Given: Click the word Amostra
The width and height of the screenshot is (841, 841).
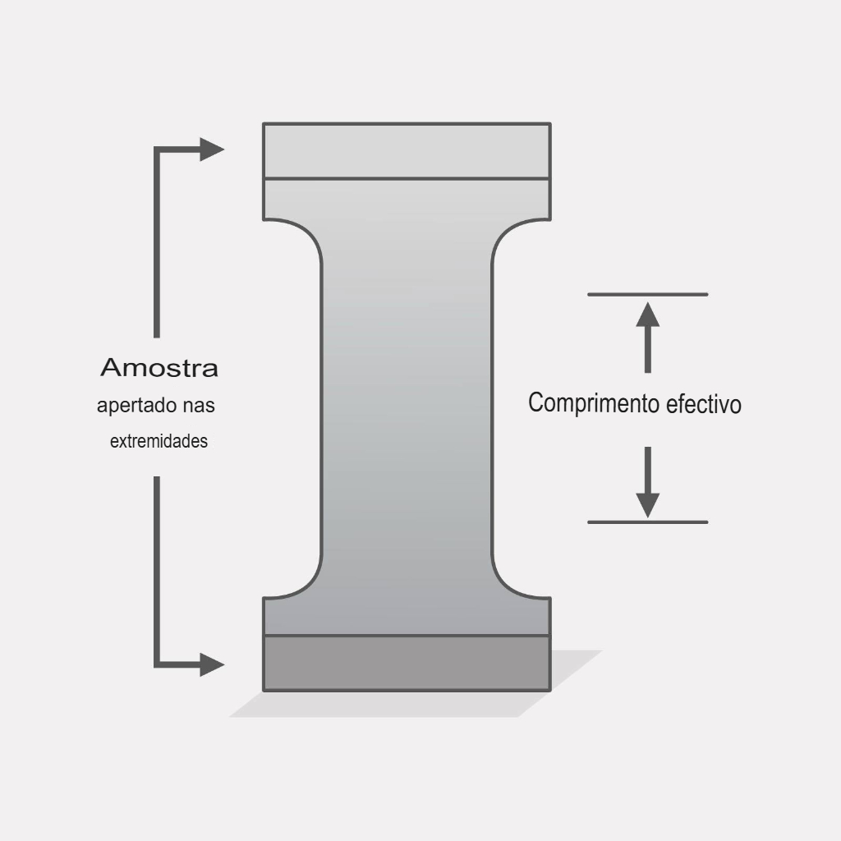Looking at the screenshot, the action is coord(159,368).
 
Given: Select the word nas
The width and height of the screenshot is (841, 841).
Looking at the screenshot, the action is coord(199,406).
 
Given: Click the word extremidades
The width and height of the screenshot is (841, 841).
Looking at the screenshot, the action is coord(159,441).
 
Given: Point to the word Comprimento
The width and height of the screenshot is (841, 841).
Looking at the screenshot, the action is coord(594,403).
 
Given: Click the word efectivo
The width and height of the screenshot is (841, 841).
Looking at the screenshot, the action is coord(704,404).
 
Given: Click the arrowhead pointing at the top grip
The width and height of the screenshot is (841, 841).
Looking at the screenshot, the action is coord(212,149).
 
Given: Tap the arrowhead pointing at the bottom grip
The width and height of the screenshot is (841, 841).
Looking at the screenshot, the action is coord(212,664).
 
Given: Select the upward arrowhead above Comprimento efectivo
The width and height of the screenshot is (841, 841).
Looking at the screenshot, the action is coord(648,315).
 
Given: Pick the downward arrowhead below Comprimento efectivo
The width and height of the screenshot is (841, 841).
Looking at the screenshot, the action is coord(648,505).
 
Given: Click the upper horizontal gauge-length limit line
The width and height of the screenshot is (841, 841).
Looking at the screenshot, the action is coord(648,295).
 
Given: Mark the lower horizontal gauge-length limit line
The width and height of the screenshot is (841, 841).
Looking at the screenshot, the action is coord(648,522).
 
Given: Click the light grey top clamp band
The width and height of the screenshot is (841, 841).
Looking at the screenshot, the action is coord(407,151).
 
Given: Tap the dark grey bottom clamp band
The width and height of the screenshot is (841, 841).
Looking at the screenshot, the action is coord(407,664).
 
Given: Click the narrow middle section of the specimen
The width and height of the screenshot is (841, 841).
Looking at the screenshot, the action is coord(407,408).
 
